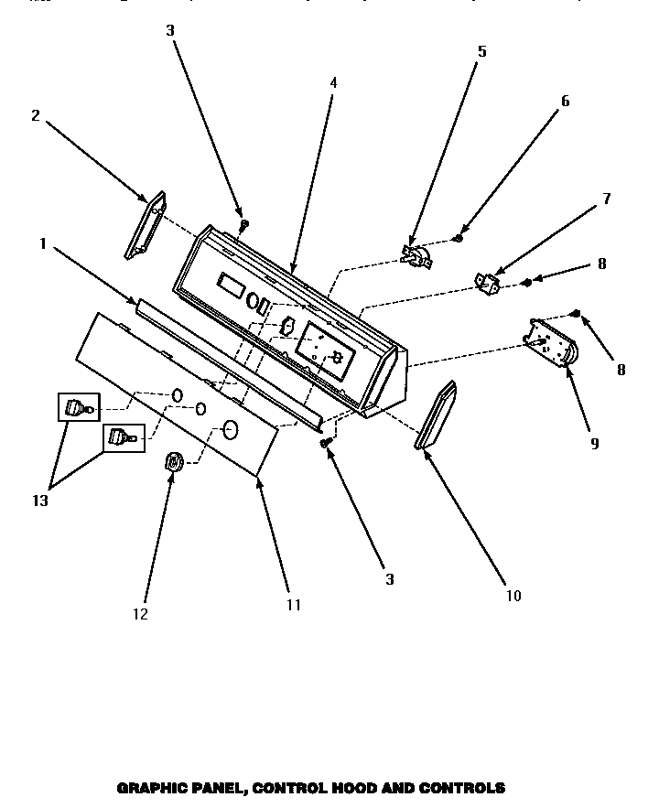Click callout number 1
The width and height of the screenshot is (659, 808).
pyautogui.click(x=42, y=243)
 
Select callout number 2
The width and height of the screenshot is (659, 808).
pyautogui.click(x=35, y=115)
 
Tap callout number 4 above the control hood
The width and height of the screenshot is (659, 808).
pyautogui.click(x=333, y=82)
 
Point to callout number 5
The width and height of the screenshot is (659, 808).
pyautogui.click(x=482, y=51)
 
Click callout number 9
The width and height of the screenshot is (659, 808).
pyautogui.click(x=594, y=443)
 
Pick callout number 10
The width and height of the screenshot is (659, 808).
pyautogui.click(x=513, y=596)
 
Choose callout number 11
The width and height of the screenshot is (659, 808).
pyautogui.click(x=293, y=604)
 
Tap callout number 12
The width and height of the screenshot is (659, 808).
pyautogui.click(x=141, y=614)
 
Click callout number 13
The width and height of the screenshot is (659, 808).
pyautogui.click(x=40, y=501)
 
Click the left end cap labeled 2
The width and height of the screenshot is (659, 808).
pyautogui.click(x=146, y=224)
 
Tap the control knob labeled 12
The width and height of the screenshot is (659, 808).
pyautogui.click(x=172, y=464)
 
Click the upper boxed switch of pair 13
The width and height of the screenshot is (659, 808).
pyautogui.click(x=76, y=406)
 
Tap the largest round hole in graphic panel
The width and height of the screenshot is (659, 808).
pyautogui.click(x=230, y=429)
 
